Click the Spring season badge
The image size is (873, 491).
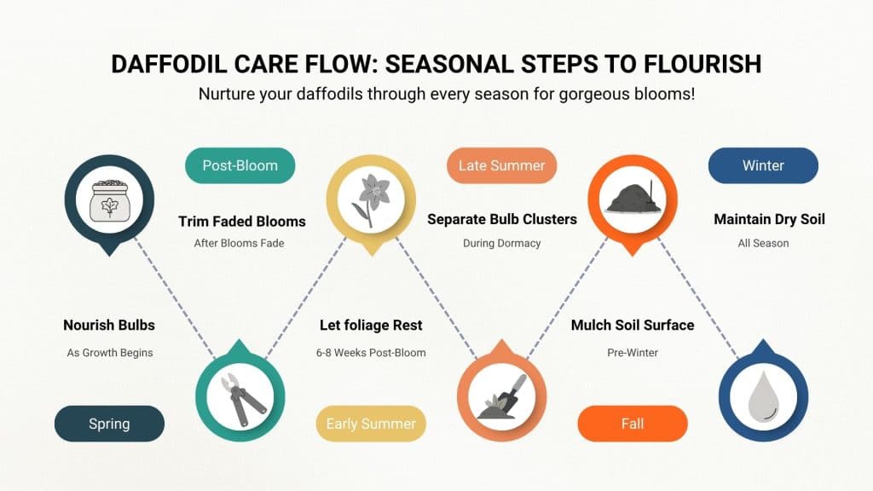[x=109, y=424]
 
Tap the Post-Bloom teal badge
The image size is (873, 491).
[x=240, y=165]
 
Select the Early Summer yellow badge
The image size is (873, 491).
[x=371, y=424]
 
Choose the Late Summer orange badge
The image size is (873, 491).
[x=501, y=165]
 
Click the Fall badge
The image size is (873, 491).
[x=632, y=424]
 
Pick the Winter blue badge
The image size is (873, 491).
[x=763, y=165]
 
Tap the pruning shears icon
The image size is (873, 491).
[x=240, y=391]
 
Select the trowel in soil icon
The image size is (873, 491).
[x=501, y=393]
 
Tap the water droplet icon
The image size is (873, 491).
[x=763, y=393]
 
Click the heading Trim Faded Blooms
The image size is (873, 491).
[x=241, y=222]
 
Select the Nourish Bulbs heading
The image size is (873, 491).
[x=109, y=326]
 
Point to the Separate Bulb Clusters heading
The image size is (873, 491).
[x=501, y=220]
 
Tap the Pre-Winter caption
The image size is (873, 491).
[x=632, y=353]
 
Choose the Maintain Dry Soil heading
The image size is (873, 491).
[x=769, y=220]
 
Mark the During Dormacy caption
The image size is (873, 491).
[x=501, y=244]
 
